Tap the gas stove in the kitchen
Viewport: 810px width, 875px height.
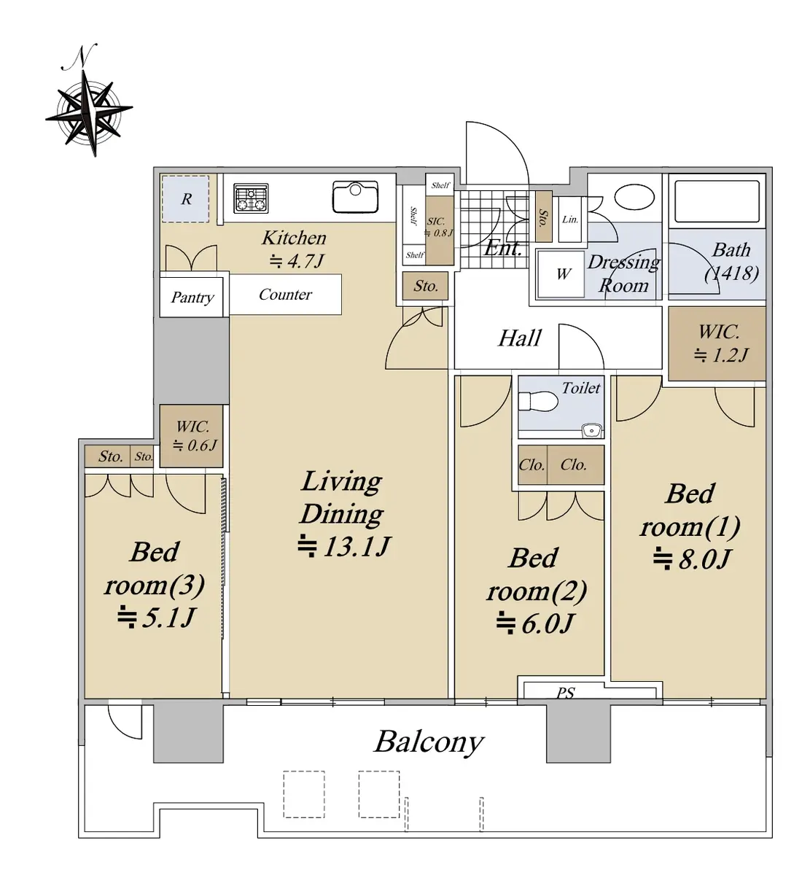coord(251,198)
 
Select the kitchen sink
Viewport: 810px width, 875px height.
coord(355,196)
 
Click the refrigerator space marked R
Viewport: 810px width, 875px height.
coord(185,199)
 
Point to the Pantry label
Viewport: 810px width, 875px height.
coord(192,297)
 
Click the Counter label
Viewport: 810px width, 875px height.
coord(285,295)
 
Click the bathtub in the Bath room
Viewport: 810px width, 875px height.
coord(717,201)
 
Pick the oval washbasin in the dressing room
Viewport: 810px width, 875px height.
coord(634,197)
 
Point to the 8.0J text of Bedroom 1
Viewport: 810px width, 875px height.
coord(692,559)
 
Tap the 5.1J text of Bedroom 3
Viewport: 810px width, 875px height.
coord(156,617)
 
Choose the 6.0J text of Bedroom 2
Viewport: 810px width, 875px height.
coord(534,623)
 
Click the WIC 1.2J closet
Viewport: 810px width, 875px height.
coord(717,343)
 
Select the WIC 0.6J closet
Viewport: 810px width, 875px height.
coord(191,436)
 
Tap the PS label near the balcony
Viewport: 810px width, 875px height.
coord(566,693)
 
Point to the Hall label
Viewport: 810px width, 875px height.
coord(520,338)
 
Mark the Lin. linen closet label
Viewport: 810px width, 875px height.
coord(570,219)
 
